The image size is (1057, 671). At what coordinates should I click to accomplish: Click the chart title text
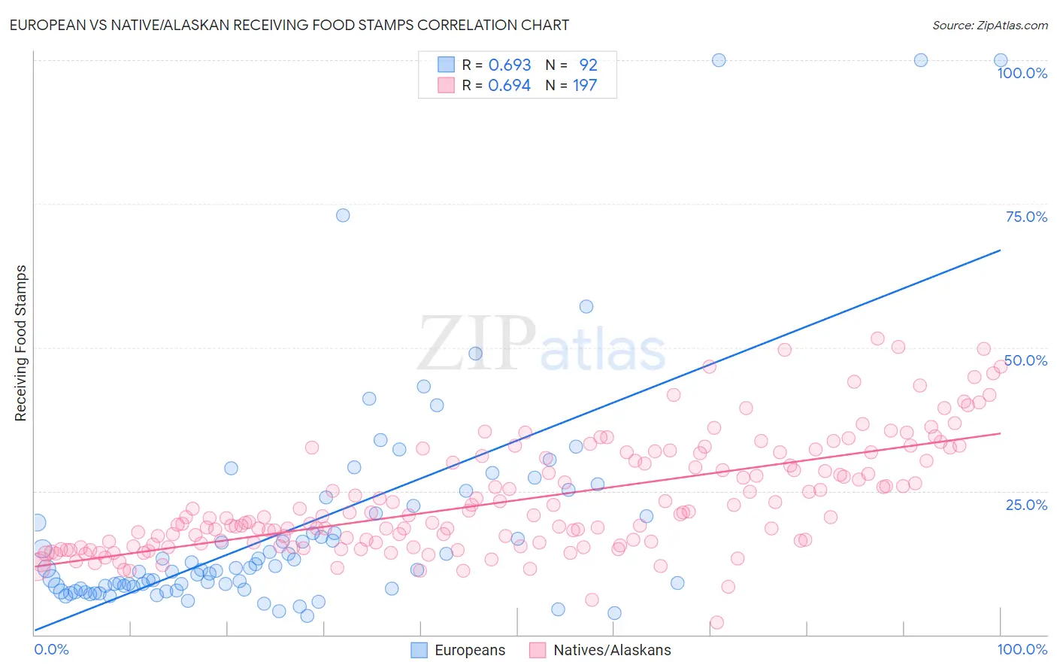click(289, 25)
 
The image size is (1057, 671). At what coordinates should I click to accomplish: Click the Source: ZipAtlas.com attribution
click(989, 25)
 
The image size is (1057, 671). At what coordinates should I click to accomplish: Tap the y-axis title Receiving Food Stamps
click(21, 343)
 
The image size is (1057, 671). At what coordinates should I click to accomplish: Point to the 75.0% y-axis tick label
click(1026, 217)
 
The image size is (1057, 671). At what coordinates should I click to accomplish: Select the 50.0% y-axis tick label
click(1026, 360)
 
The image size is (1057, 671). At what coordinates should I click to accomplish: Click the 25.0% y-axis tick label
click(1026, 504)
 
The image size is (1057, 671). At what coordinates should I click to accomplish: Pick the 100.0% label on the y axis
click(1022, 73)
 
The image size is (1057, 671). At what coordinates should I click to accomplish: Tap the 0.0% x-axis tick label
click(51, 649)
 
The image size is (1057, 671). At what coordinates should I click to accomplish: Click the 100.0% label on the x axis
click(1022, 649)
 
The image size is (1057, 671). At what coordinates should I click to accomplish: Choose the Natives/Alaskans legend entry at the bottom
click(600, 650)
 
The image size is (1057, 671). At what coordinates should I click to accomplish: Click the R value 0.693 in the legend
click(510, 65)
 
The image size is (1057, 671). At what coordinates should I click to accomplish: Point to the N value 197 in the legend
click(585, 85)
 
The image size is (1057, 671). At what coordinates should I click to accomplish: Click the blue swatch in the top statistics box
click(447, 65)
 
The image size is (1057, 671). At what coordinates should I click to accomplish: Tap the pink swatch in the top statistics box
click(447, 85)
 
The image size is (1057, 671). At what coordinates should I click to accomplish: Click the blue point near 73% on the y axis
click(343, 215)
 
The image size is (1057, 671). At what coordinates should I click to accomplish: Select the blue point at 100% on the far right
click(1001, 60)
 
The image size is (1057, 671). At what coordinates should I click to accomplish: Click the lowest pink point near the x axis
click(716, 622)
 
